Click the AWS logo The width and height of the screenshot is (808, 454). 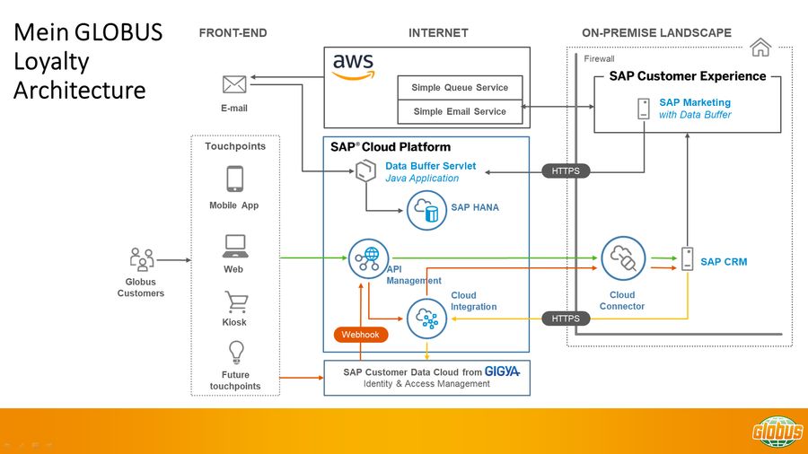coord(353,66)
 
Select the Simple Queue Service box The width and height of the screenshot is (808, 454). coord(460,88)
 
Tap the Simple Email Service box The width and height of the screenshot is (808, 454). coord(460,112)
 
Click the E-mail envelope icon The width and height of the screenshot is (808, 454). coord(234,85)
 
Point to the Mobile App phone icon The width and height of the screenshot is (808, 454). coord(234,179)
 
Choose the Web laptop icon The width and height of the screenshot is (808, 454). coord(234,244)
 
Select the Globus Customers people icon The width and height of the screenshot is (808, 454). coord(141,259)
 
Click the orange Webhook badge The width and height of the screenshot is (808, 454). coord(361,335)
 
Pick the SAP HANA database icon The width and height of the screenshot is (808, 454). coord(427,210)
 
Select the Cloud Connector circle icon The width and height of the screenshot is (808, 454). coord(622,259)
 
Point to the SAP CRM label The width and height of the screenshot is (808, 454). coord(724,262)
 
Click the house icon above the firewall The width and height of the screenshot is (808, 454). coord(760,48)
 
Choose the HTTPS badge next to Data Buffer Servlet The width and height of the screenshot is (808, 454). coord(566,170)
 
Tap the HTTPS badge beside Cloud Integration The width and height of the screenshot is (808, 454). coord(566,319)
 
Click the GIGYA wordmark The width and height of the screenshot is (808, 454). coord(503,371)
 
